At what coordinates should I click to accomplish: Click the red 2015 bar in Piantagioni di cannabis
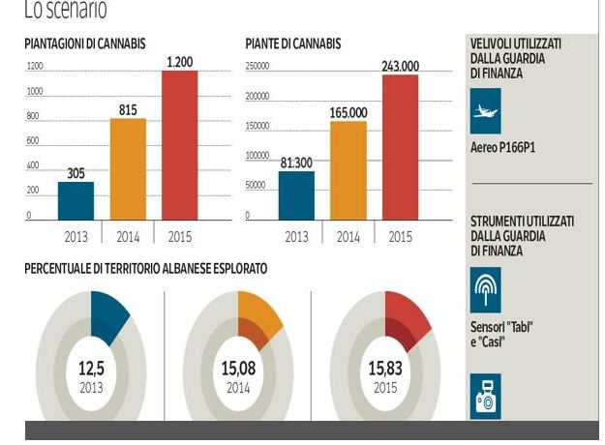[x=179, y=145]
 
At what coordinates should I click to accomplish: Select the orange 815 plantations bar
[x=128, y=169]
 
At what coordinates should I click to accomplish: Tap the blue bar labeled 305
[x=76, y=200]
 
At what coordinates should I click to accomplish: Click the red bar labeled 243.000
[x=400, y=147]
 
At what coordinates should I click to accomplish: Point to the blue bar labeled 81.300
[x=296, y=194]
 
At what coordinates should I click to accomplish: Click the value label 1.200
[x=180, y=62]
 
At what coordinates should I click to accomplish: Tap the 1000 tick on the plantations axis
[x=35, y=92]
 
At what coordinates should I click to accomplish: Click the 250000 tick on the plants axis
[x=257, y=67]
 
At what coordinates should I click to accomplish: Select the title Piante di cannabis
[x=293, y=44]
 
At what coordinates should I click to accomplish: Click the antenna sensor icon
[x=486, y=284]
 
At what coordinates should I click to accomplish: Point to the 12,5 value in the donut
[x=91, y=369]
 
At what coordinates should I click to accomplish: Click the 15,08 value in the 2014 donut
[x=238, y=369]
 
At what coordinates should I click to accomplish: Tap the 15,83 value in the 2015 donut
[x=384, y=369]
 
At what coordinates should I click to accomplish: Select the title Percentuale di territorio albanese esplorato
[x=146, y=268]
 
